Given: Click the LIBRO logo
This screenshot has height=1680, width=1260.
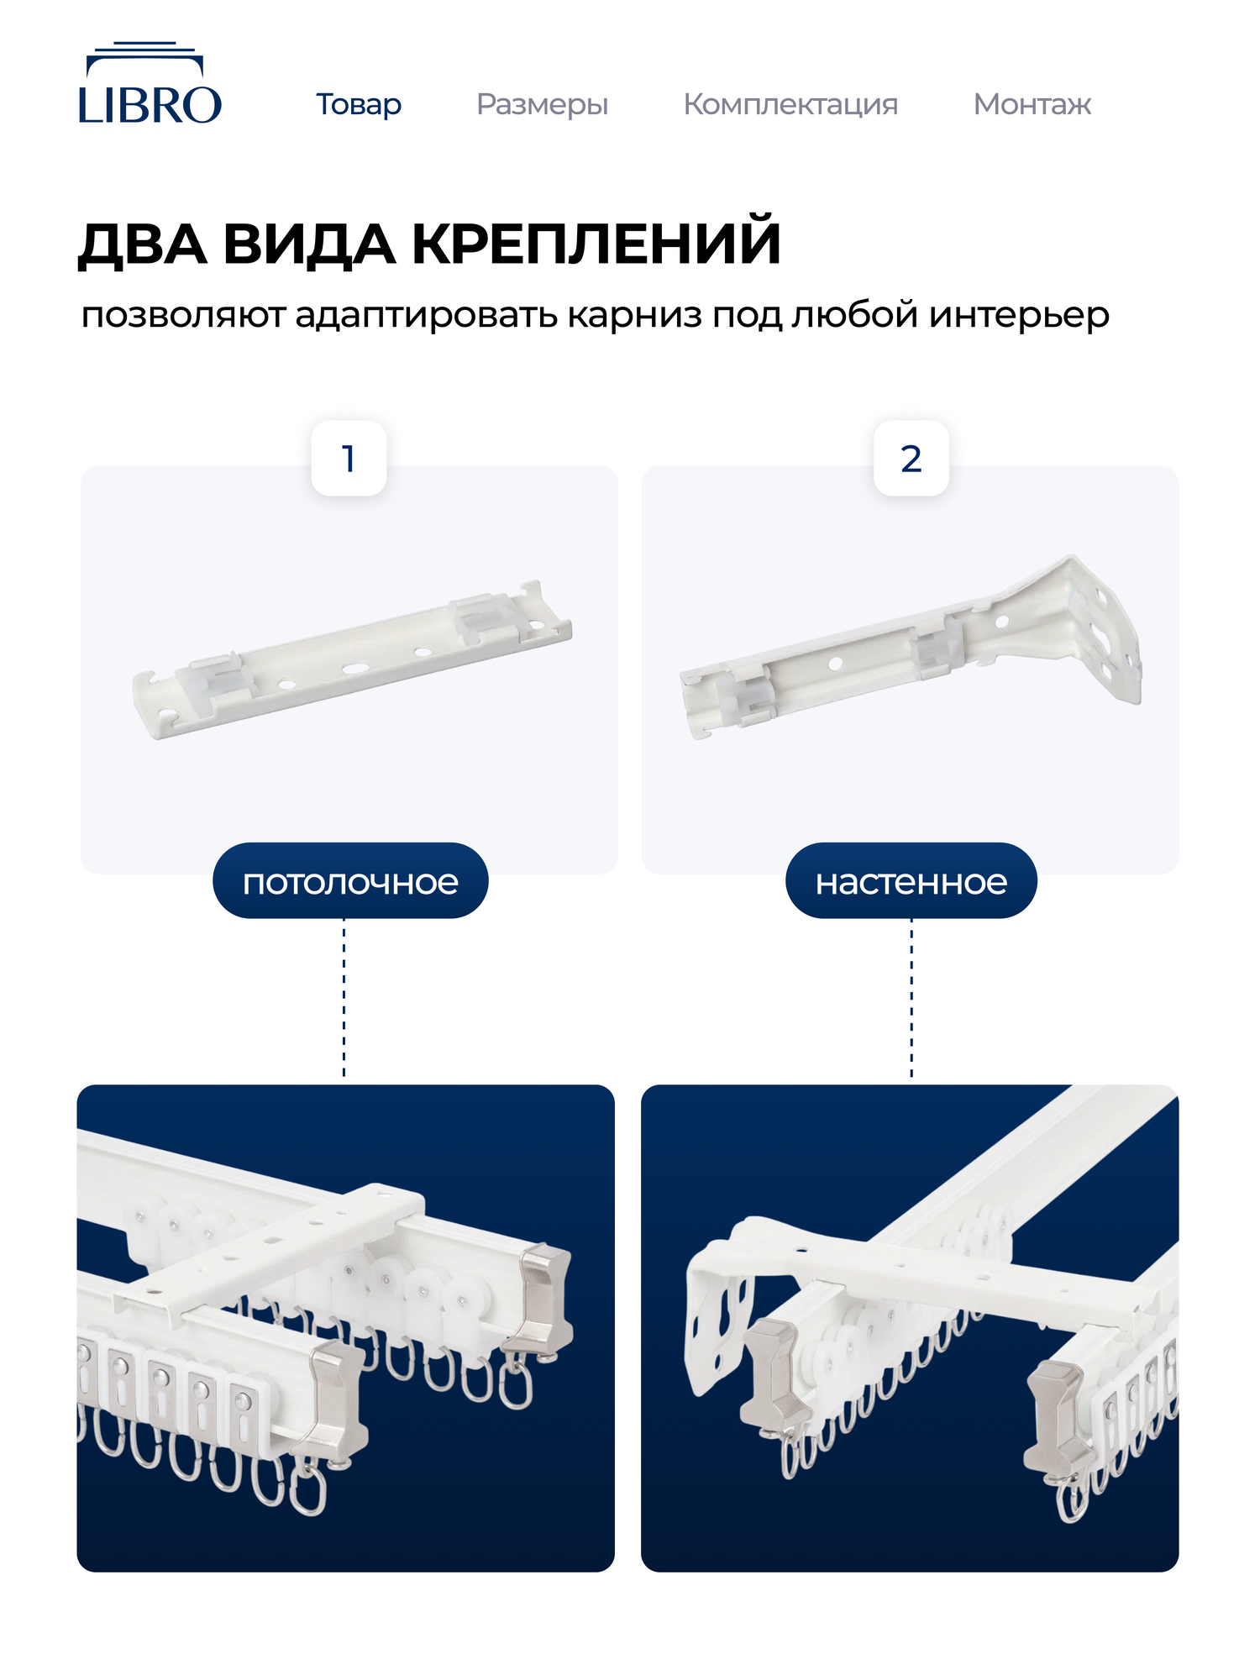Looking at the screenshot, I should [150, 85].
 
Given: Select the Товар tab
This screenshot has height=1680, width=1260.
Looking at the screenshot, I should [359, 104].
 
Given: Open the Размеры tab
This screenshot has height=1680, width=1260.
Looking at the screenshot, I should [542, 104].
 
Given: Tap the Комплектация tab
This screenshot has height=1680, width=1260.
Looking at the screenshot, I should [790, 104].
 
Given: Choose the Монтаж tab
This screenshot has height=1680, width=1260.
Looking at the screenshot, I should [1032, 104].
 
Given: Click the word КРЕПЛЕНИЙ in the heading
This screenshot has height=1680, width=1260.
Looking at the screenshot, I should [596, 244].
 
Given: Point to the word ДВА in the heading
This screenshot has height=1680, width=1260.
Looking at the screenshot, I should [143, 244].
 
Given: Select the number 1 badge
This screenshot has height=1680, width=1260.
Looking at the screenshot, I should [349, 459].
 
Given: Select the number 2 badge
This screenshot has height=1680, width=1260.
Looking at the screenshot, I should [911, 459].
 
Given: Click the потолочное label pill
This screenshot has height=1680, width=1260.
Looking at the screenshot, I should [350, 881].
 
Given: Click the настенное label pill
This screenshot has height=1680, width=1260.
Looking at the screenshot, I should [911, 881].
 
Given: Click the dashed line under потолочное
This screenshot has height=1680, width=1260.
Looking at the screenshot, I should [344, 1000].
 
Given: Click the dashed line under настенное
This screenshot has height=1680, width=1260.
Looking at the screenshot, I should [912, 1000].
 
